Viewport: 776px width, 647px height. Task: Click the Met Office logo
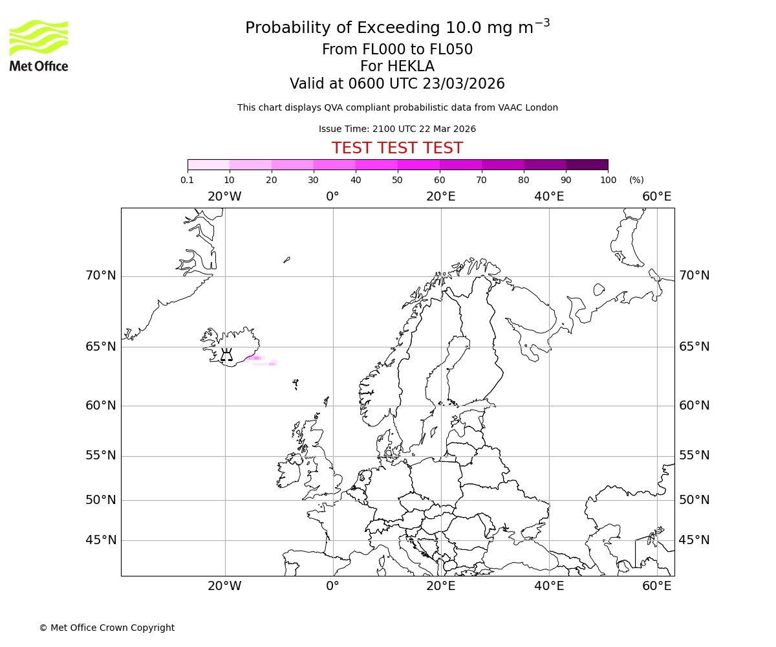39,45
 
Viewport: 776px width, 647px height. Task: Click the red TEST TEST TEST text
397,148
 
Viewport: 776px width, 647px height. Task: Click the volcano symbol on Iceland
226,355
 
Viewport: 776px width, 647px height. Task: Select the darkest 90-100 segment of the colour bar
587,164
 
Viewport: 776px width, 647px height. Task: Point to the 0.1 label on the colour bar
188,181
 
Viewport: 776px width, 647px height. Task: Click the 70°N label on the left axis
101,276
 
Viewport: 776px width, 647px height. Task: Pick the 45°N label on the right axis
694,540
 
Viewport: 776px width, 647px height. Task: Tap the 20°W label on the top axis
224,197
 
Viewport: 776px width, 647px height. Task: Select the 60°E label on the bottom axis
657,586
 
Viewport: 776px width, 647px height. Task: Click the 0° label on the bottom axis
332,586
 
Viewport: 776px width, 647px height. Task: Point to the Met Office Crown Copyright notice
107,628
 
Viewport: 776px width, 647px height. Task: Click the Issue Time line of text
397,129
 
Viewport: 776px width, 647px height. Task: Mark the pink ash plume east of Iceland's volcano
256,358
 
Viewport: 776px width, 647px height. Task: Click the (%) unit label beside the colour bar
636,181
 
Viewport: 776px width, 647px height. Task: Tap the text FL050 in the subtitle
451,50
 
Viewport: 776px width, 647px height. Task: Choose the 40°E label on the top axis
549,197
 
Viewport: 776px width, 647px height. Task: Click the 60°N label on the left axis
101,406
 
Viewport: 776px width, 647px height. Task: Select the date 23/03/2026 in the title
464,84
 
